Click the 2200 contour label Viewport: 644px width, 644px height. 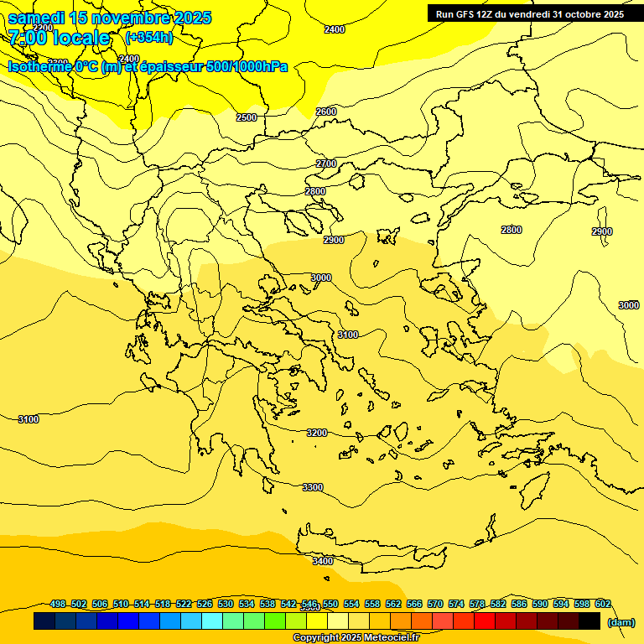(42, 28)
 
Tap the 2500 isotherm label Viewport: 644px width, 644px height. (247, 117)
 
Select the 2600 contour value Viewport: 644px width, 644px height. (326, 112)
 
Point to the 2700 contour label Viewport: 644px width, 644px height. (326, 164)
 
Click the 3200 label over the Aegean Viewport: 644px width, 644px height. (316, 433)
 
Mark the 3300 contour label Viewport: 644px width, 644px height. (313, 487)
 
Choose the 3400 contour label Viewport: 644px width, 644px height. (323, 561)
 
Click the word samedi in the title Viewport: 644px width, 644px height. (36, 18)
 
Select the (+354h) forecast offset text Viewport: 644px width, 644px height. (148, 38)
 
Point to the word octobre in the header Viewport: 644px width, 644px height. (574, 14)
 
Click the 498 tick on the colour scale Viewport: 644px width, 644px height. (58, 604)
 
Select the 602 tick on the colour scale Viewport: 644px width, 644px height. (603, 604)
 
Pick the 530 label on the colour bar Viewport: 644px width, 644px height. (226, 604)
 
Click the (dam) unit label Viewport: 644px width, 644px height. (621, 621)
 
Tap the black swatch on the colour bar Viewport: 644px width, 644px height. (589, 621)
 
